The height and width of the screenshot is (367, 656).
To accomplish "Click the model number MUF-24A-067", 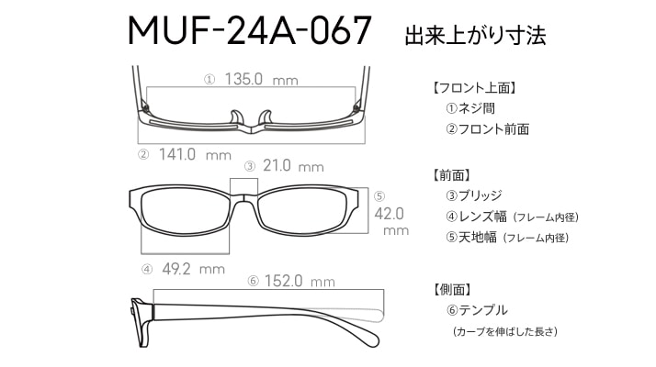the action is [250, 30].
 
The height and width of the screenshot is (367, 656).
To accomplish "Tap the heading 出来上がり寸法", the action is [475, 35].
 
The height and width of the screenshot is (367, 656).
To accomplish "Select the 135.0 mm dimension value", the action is [262, 79].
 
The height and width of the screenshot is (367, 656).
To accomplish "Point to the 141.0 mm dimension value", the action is [195, 154].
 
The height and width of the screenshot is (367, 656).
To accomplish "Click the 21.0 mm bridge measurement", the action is [293, 166].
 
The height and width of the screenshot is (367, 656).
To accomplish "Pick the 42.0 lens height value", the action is [389, 214].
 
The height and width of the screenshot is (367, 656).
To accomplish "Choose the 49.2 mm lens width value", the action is [193, 269].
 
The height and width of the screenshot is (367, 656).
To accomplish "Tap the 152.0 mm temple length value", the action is [300, 281].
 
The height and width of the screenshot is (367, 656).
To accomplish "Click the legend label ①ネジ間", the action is [470, 108].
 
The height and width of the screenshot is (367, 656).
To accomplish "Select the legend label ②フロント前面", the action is [487, 128].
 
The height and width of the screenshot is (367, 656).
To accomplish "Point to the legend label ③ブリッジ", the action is [473, 195].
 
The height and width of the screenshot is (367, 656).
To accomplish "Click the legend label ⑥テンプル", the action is [477, 310].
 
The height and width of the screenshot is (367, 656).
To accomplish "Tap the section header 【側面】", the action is [452, 289].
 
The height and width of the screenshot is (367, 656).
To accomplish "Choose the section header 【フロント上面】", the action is [475, 88].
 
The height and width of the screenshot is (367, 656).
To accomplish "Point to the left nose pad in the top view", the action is [236, 117].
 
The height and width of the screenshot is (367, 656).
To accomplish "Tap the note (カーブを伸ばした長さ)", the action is [505, 331].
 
